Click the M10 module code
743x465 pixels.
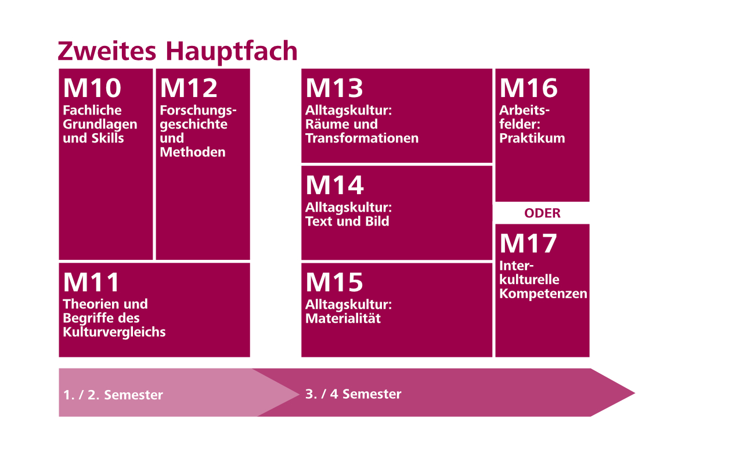(x=92, y=88)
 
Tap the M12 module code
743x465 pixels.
(x=189, y=88)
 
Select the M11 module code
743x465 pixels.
(x=91, y=282)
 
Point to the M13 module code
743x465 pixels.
(x=334, y=88)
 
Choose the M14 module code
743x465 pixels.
(x=335, y=185)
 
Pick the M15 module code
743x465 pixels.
(x=334, y=282)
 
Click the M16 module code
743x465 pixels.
(x=529, y=88)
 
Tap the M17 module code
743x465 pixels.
(x=528, y=244)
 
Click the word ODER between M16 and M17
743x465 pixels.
(x=542, y=213)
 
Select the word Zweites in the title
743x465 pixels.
(x=107, y=51)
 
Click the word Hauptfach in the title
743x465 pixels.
(x=232, y=52)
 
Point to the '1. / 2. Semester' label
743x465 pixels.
(x=113, y=395)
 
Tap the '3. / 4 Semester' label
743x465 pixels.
(x=354, y=394)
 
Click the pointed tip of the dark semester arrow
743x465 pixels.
(x=635, y=393)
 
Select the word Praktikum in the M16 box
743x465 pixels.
(x=532, y=138)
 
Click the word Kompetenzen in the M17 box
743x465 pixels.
(x=543, y=294)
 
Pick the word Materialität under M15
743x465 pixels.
(x=343, y=319)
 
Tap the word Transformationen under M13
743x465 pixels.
(x=362, y=138)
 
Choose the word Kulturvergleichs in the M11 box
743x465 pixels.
(x=114, y=332)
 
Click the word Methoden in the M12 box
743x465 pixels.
(x=193, y=152)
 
